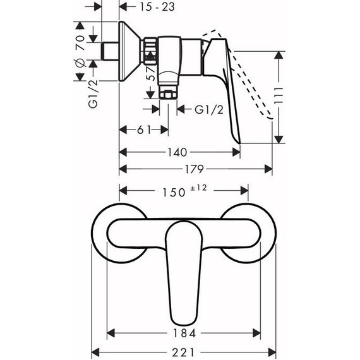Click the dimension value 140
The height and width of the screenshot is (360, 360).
point(177,152)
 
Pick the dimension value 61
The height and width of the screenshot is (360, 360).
point(143,130)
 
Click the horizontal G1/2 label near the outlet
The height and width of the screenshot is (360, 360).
point(207,109)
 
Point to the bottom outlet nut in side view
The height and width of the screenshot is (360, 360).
point(167,93)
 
